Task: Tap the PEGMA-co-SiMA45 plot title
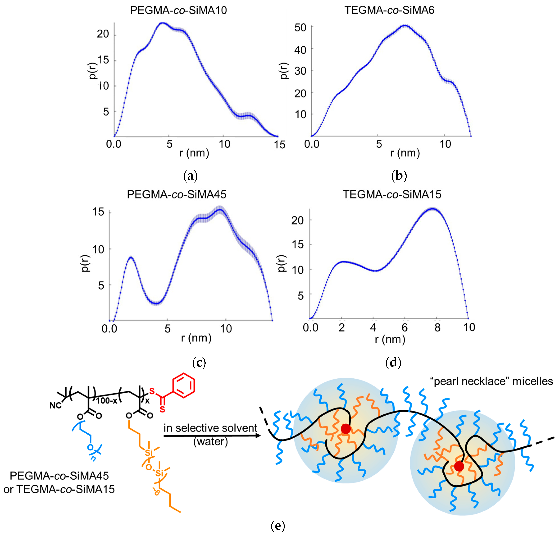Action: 177,194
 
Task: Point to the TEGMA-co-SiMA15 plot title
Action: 392,194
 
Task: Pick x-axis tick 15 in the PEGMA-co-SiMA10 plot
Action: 279,145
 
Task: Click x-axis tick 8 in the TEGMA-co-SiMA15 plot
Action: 437,328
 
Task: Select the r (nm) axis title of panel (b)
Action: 405,153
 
